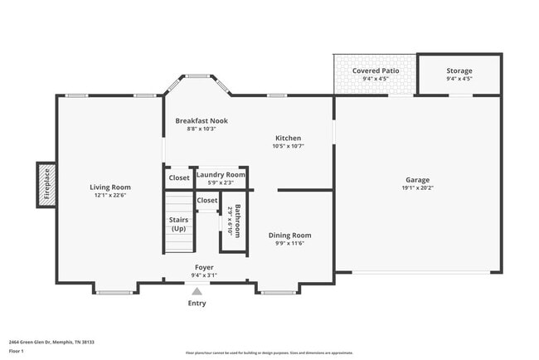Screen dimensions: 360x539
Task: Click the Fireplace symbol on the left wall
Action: [46, 184]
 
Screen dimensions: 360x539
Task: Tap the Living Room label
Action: [110, 187]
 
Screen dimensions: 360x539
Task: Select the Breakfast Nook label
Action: [201, 120]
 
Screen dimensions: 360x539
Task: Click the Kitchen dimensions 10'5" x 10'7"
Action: [288, 146]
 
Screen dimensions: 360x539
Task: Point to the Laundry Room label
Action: [221, 175]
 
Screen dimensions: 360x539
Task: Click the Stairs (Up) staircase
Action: [178, 223]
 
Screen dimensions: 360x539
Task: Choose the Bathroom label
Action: [238, 221]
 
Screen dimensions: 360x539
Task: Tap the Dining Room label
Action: [289, 236]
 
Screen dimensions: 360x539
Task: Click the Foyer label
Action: [204, 267]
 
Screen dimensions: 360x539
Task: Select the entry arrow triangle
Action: [197, 291]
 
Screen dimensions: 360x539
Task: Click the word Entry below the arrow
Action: [197, 303]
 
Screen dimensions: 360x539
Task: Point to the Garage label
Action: [417, 179]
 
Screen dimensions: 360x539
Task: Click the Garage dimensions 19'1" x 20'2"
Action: [417, 187]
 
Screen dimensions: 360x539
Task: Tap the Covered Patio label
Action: [374, 71]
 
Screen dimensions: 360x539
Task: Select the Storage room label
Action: [459, 71]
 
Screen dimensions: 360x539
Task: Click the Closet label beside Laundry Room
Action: [179, 178]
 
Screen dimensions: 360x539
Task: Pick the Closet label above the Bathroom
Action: [207, 200]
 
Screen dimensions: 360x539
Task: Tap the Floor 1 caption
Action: [17, 351]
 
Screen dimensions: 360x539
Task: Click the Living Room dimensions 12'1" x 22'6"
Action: [110, 196]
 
